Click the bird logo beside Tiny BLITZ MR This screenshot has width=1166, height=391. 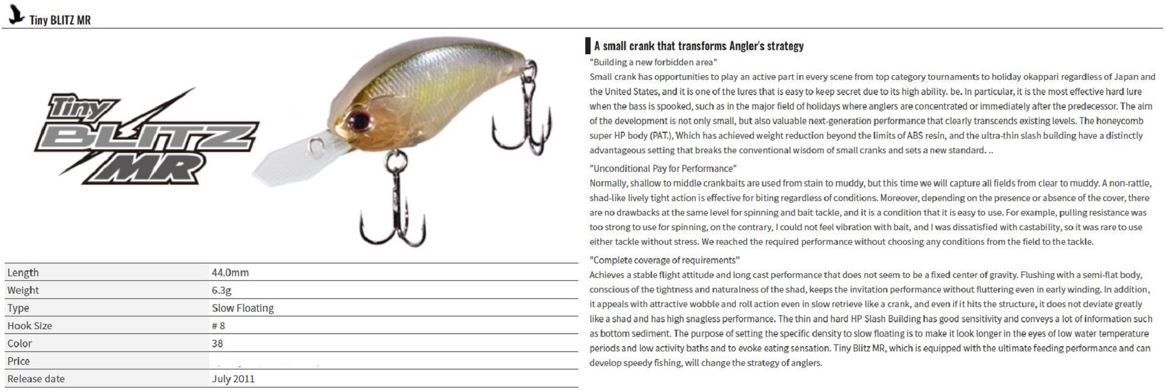16,15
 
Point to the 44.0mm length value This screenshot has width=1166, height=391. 230,273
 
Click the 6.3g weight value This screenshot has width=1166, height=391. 222,290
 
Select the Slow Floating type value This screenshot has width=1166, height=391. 243,308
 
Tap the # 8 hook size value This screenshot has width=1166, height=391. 218,326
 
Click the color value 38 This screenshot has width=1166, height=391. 217,344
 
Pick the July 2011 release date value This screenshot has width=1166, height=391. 233,379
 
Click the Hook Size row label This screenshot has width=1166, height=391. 30,326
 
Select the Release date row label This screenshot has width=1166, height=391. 36,379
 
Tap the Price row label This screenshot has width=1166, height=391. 19,361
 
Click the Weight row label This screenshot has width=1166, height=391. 23,290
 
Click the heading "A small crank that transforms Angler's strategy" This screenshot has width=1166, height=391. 698,46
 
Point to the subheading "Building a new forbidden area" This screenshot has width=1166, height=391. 653,62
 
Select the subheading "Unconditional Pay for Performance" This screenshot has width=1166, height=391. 663,168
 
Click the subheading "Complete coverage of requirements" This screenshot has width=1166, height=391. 665,260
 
